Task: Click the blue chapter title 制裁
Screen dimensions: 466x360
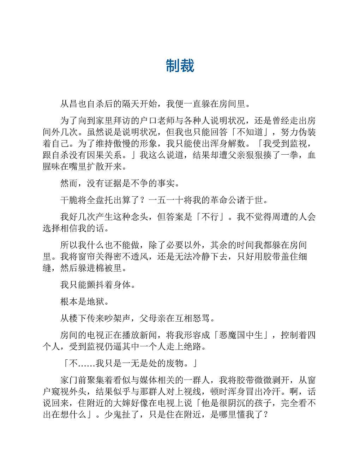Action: coord(180,66)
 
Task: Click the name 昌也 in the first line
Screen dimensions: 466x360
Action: coord(78,104)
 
